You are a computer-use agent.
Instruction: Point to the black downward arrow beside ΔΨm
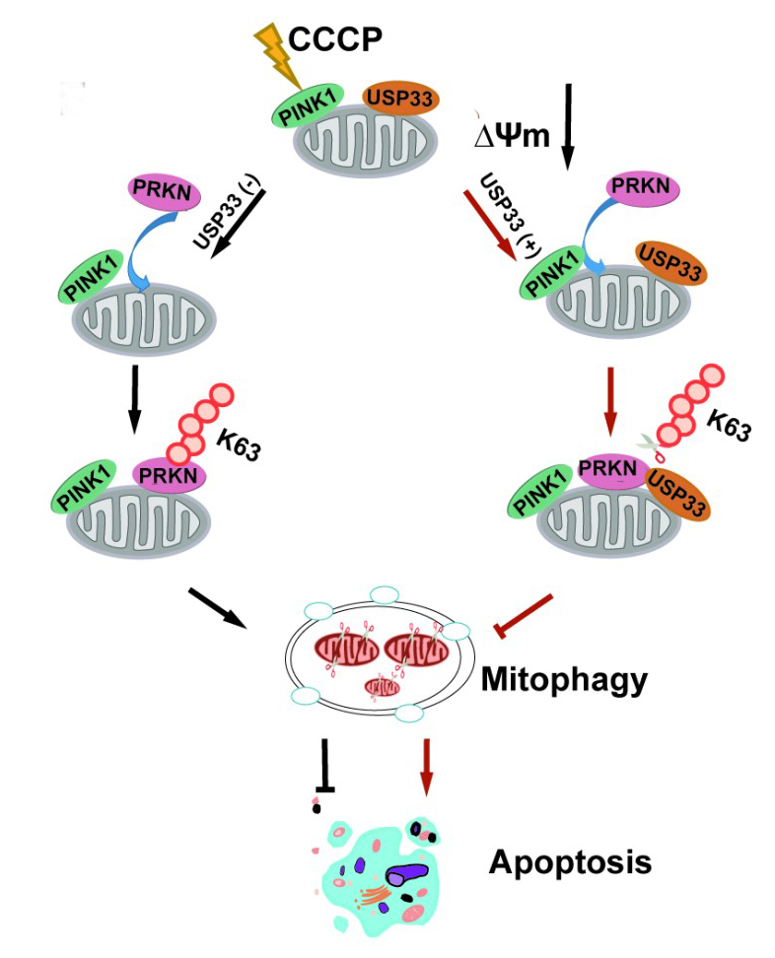[568, 128]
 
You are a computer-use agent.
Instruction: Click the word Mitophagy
[564, 679]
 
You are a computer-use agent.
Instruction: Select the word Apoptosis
[570, 862]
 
